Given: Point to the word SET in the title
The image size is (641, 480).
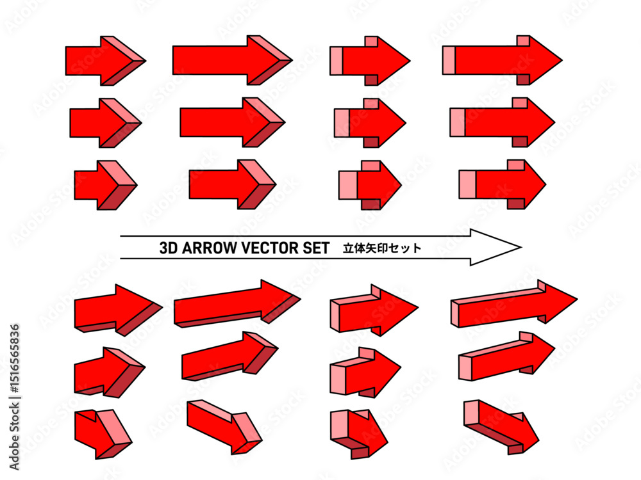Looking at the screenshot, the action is click(316, 248).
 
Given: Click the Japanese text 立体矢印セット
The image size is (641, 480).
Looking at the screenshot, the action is click(382, 248).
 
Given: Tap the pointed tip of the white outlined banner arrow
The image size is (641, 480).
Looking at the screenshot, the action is click(521, 247).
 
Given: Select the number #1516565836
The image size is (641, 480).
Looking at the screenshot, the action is click(14, 360).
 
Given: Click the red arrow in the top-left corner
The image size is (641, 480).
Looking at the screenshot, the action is click(106, 61).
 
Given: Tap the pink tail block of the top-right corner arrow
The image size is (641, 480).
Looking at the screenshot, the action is click(449, 61).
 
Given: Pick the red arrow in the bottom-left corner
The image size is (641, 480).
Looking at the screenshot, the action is click(103, 435).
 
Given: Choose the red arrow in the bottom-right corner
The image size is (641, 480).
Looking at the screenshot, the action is click(501, 427).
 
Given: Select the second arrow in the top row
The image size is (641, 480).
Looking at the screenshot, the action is click(232, 60).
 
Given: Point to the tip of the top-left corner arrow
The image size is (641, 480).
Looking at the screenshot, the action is click(146, 61).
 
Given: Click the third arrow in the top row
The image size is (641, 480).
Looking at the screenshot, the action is click(370, 61).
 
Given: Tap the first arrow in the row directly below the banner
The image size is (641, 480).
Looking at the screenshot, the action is click(119, 310).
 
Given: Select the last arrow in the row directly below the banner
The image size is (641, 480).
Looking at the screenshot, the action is click(514, 303).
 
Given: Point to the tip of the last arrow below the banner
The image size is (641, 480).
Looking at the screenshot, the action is click(578, 299).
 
